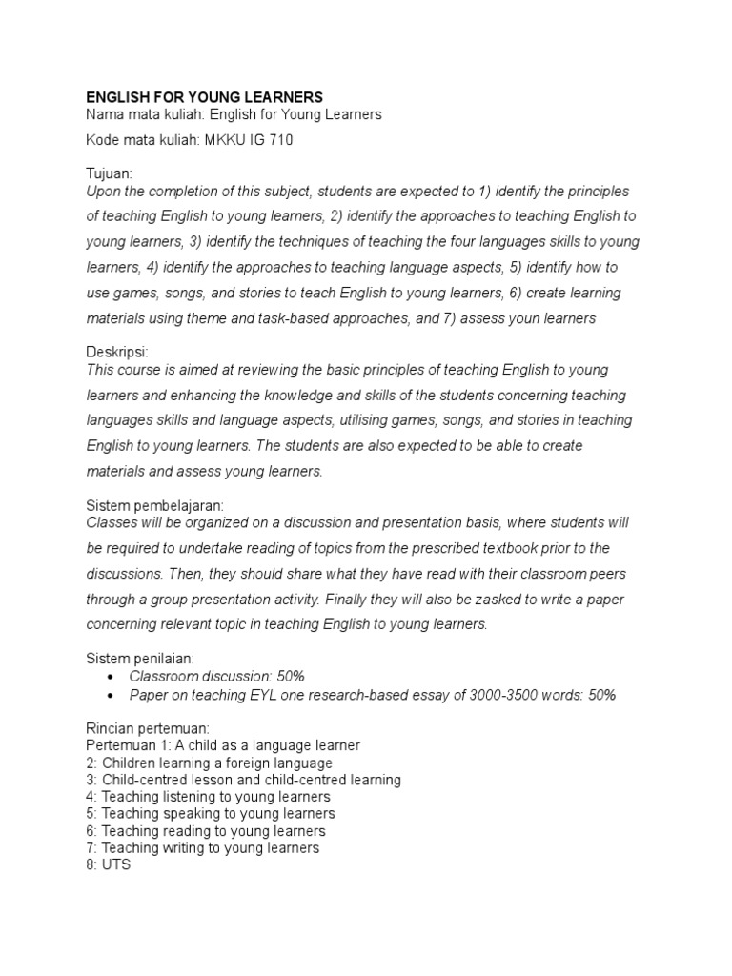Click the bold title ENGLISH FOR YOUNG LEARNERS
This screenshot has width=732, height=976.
coord(205,97)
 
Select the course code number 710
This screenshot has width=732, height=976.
coord(281,140)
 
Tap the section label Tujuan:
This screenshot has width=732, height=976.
coord(109,173)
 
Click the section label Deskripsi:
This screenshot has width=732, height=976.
coord(116,352)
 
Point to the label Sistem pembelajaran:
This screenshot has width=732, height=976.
coord(154,505)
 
